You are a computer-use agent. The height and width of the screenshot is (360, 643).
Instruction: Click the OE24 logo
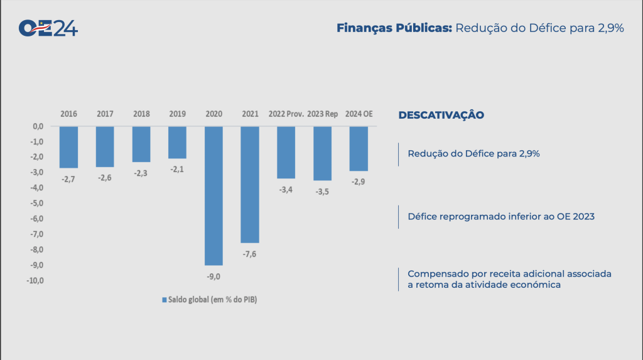tap(48, 28)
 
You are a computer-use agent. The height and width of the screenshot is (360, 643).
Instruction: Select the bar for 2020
tap(213, 195)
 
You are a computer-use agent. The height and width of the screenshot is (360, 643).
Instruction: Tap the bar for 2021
tap(250, 184)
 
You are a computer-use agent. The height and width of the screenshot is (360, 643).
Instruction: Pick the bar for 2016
tap(69, 147)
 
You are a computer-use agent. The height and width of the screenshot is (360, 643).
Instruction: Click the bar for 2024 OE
tap(359, 148)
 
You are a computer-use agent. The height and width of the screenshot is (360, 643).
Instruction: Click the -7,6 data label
tap(250, 254)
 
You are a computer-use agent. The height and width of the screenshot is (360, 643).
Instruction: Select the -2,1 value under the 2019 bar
tap(177, 170)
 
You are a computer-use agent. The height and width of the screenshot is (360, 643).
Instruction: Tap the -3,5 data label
tap(322, 192)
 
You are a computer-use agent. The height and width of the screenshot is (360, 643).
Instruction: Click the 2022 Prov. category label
tap(286, 114)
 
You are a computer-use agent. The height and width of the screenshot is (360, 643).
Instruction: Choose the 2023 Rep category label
tap(323, 114)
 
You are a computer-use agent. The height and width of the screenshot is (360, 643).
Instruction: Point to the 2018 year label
tap(141, 114)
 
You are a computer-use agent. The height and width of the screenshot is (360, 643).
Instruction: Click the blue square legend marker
tap(165, 300)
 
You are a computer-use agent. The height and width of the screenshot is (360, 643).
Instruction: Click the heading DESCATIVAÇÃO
tap(441, 115)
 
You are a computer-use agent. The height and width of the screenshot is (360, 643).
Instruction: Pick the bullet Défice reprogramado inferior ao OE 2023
tap(500, 216)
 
